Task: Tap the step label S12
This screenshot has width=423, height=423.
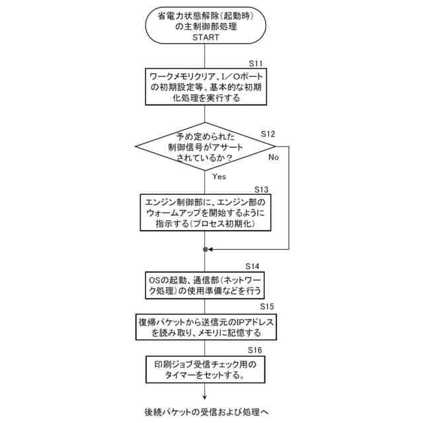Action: click(x=268, y=134)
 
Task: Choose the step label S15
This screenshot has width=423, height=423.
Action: click(x=267, y=307)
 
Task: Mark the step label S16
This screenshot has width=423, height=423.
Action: click(x=255, y=349)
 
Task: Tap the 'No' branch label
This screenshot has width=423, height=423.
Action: click(x=274, y=157)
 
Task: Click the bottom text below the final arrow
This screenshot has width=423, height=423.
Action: click(x=206, y=411)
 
